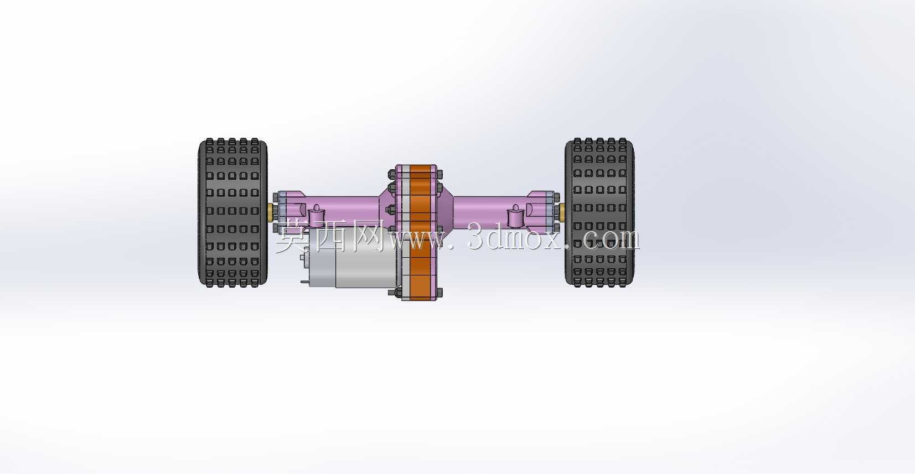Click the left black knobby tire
233,212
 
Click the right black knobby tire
599,212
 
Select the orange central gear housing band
420,233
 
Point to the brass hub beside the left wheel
271,212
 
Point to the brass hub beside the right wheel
562,212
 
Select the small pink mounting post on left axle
316,217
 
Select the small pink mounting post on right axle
515,217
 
